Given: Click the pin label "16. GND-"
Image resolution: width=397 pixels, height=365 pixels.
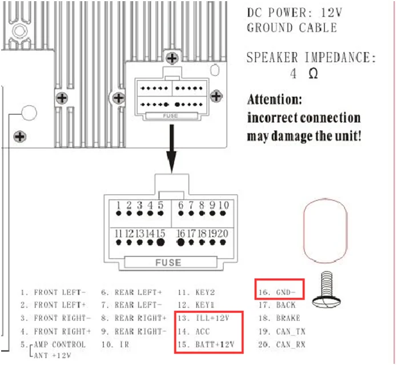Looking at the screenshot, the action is coord(276,292).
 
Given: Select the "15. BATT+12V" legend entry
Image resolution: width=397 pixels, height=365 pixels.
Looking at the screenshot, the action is coord(206,344).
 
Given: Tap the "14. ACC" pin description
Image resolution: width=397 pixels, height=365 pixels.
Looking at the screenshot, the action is coord(194,331).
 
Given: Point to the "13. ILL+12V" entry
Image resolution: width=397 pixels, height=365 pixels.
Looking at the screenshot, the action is coord(203,318).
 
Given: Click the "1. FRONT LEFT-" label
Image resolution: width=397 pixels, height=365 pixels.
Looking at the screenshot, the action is coord(53,292).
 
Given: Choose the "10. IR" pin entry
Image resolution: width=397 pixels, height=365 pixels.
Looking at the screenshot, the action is coord(115,344).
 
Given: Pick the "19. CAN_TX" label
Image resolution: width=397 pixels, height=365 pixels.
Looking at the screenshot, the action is coord(282,331).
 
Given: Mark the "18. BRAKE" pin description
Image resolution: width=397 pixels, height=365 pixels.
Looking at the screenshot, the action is coord(279,318).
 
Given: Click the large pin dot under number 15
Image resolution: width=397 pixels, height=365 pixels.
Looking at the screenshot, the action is coord(161,243).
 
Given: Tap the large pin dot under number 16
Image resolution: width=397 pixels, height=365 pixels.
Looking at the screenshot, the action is coord(181,243).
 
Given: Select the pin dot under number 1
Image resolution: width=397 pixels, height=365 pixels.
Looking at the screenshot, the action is coord(118,214).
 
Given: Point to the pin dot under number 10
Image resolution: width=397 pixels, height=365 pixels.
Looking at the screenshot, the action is coord(223,214).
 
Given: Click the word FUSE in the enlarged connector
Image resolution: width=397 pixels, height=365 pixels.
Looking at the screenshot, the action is coord(169,263).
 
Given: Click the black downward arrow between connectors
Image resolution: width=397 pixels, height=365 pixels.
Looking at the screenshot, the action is coord(172,149).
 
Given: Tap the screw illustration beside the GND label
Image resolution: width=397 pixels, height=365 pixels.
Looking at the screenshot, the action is coord(326,290).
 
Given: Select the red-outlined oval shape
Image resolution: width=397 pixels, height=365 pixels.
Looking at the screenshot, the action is coord(304,230).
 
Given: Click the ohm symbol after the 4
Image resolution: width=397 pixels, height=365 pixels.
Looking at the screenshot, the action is coord(313,74).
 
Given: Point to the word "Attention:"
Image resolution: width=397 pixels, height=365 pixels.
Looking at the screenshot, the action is coord(274,99).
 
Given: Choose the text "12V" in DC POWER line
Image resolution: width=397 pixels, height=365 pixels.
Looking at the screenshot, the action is coord(332,12).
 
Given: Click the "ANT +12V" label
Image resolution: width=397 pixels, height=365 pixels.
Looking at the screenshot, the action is coord(52,355).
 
